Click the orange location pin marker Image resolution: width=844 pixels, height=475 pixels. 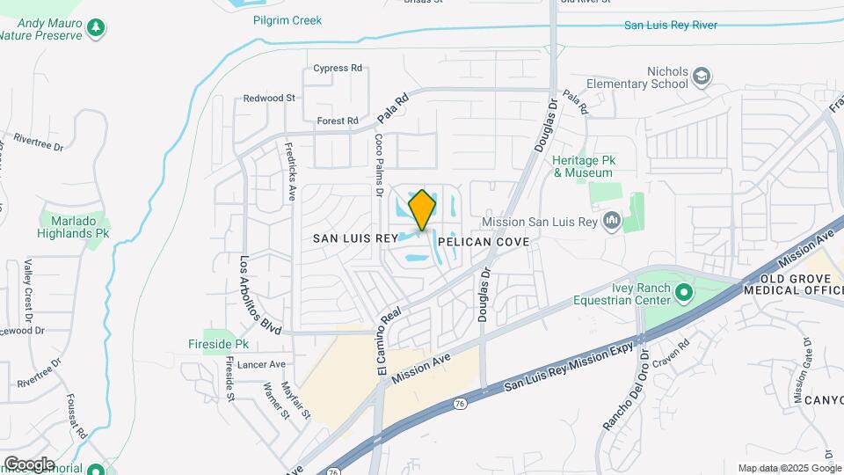click(x=422, y=209)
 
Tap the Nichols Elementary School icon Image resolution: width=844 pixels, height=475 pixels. click(x=701, y=77)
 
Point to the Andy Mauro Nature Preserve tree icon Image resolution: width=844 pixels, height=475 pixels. click(x=96, y=28)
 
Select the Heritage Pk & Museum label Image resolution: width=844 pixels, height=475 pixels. click(x=582, y=167)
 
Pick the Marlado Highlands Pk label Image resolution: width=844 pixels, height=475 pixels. click(x=73, y=228)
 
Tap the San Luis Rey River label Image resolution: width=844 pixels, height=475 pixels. click(x=671, y=25)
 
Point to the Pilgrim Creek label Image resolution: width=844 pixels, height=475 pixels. click(x=287, y=20)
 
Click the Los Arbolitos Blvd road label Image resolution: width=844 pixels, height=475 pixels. click(x=259, y=295)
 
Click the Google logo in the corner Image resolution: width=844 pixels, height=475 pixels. click(x=29, y=464)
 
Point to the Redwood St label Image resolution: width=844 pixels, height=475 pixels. click(x=269, y=99)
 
